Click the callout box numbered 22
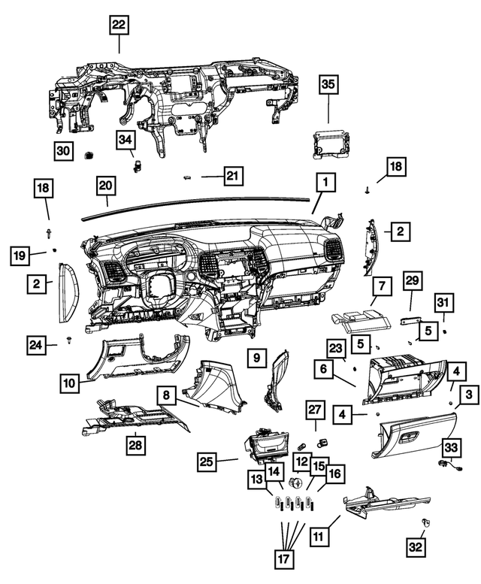(119, 24)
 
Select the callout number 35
(329, 85)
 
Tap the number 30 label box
(65, 151)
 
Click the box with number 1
(326, 182)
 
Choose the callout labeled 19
(22, 256)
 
